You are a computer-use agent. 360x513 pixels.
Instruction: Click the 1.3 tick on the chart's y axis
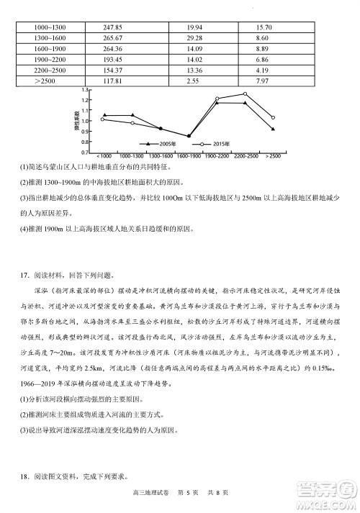click(85, 90)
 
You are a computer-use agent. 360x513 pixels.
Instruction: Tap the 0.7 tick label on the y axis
click(85, 153)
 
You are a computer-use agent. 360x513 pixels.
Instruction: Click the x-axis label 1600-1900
click(189, 156)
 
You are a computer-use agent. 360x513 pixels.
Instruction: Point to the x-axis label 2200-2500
click(245, 156)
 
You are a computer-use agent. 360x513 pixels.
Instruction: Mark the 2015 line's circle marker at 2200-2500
click(245, 94)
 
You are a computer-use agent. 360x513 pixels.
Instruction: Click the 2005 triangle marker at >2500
click(273, 130)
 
